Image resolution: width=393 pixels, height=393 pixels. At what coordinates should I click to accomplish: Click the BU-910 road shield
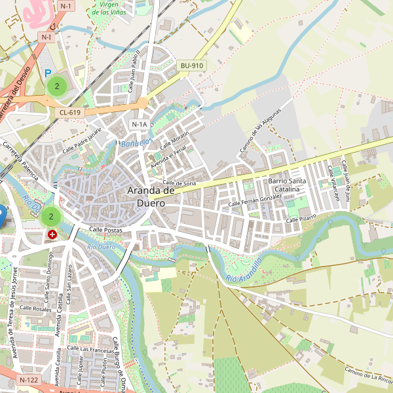pos(193,65)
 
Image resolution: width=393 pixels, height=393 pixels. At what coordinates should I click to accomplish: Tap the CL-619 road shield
pos(69,113)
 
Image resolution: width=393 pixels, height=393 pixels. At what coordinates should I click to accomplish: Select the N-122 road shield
pos(29,380)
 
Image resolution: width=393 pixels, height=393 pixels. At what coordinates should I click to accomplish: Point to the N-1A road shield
pos(140,124)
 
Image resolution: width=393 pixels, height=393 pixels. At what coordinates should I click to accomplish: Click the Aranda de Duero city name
pos(151,196)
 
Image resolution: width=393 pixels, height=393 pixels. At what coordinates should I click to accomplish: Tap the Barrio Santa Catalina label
pos(287,185)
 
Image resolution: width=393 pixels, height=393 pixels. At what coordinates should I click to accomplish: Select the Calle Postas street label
pos(106,229)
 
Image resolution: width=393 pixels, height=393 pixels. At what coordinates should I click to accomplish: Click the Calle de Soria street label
pos(179,183)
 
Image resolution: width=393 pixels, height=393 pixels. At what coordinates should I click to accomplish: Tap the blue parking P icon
pos(47,74)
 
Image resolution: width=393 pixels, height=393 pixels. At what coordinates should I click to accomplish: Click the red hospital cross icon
pos(52,234)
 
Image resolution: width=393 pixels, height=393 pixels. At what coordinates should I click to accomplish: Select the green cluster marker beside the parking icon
pos(57,86)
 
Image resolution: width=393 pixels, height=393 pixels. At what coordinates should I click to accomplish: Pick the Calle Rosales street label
pos(35,308)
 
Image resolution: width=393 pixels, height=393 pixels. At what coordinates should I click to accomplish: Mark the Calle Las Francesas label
pos(92,350)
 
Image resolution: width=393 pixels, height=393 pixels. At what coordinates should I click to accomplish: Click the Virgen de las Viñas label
pos(109,8)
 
